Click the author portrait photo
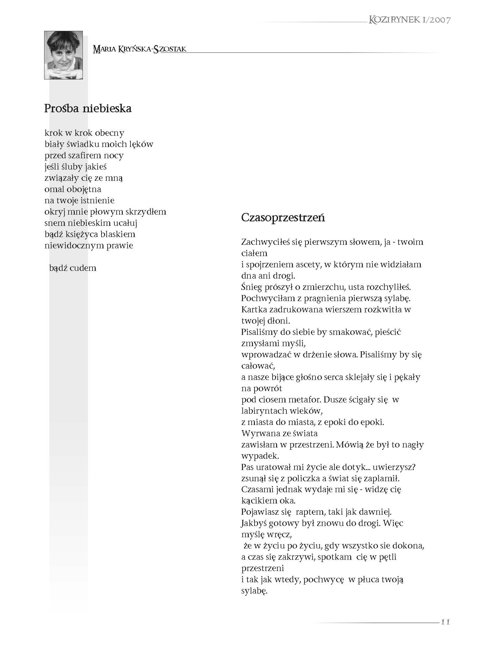coord(63,55)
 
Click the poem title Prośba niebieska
coord(88,108)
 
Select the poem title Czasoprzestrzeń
coord(283,217)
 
